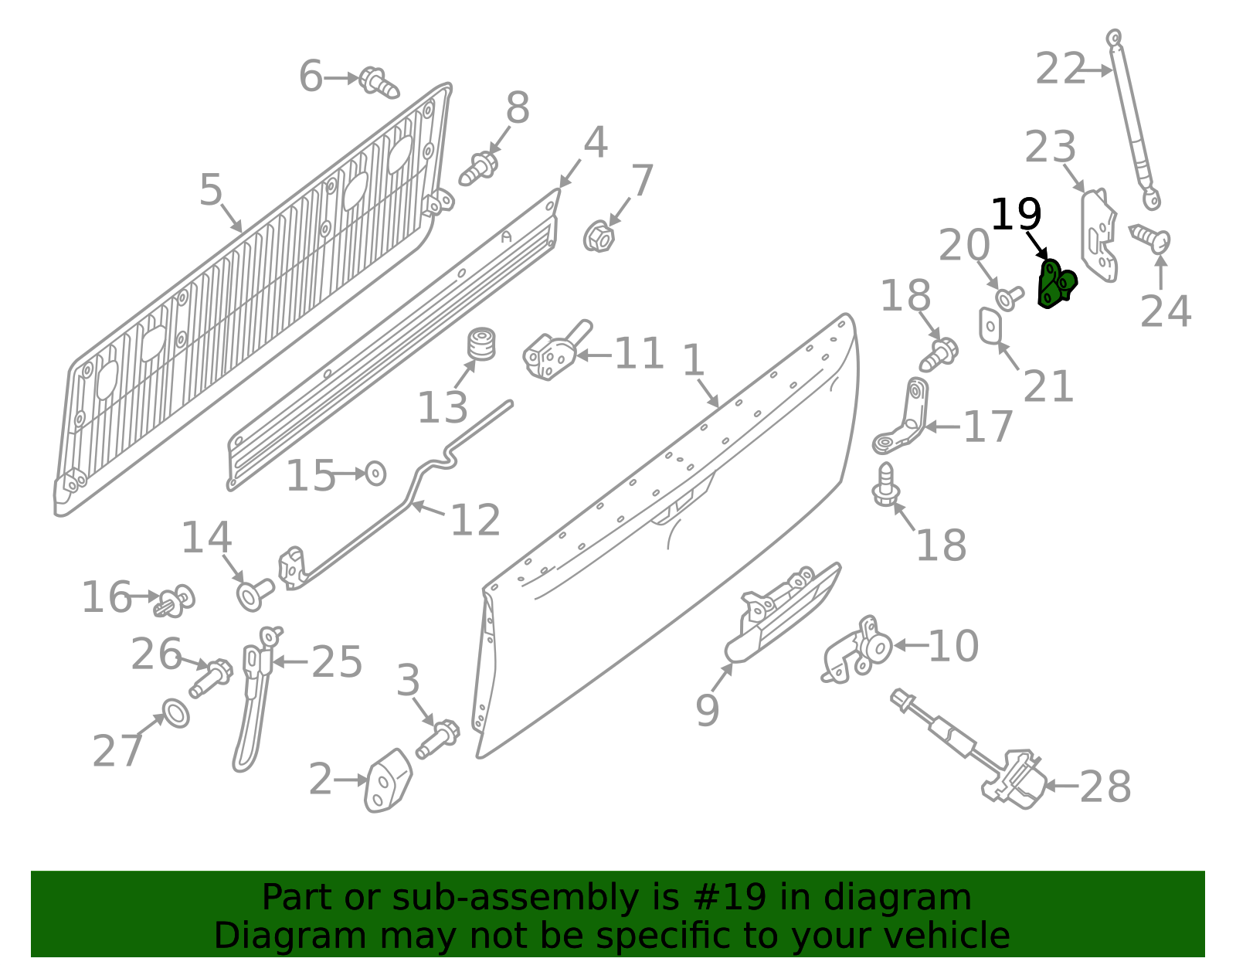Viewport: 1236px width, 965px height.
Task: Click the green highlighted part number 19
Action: [1056, 284]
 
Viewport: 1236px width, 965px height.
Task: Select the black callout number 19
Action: [1016, 215]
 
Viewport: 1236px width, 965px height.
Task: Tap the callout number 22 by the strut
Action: [1060, 70]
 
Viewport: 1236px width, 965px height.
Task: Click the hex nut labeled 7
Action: [599, 236]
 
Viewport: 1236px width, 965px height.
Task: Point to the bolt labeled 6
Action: [379, 83]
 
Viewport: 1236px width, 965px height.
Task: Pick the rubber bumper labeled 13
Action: [482, 345]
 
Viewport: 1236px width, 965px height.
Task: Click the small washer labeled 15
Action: [375, 473]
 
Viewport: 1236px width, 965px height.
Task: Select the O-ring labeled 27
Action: [176, 713]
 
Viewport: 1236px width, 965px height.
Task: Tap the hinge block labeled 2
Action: [388, 780]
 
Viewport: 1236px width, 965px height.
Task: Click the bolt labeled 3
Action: [437, 738]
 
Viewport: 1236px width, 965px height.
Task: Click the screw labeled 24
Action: [1150, 237]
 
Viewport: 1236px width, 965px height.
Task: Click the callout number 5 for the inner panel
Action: [211, 190]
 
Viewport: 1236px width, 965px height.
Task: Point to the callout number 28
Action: [1105, 787]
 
